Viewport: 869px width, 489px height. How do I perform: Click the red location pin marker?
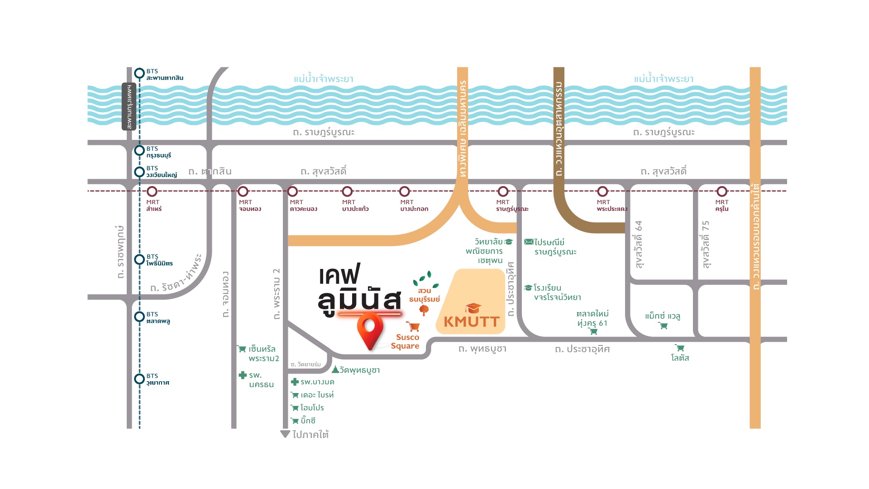click(x=370, y=331)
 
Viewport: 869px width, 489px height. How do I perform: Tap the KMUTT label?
click(x=472, y=321)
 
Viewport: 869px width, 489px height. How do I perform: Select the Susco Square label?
click(x=406, y=341)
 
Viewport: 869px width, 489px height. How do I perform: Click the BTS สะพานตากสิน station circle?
click(x=139, y=73)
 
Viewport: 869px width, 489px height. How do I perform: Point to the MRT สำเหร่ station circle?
click(x=152, y=192)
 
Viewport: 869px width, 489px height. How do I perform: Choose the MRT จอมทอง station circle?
click(x=243, y=192)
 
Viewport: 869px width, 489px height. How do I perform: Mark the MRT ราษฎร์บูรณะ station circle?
click(x=503, y=192)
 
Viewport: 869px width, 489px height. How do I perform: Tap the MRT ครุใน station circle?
click(x=722, y=192)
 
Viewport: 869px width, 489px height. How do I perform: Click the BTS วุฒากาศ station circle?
click(x=139, y=379)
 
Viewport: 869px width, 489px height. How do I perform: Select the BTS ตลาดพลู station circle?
click(x=139, y=316)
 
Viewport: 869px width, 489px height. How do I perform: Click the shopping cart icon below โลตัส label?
click(x=679, y=348)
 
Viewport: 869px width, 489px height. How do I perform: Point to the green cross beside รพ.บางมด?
click(x=295, y=382)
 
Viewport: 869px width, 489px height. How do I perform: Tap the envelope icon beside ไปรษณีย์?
click(x=529, y=242)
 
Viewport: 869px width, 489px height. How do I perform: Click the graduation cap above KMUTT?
click(x=473, y=308)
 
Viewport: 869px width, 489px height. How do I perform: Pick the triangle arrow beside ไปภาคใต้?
click(x=285, y=434)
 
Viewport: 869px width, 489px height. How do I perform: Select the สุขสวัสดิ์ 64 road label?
click(x=639, y=244)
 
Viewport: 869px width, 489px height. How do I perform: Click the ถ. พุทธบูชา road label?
click(x=482, y=349)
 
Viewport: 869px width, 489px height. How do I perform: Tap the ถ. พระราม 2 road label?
click(x=277, y=294)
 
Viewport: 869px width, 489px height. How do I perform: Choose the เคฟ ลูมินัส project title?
click(x=359, y=290)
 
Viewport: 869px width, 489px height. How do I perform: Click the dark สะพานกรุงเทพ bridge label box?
click(x=129, y=106)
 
